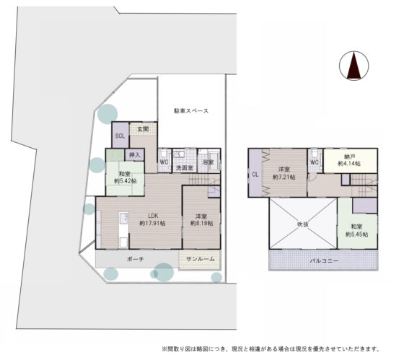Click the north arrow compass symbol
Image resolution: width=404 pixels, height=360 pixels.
[x=353, y=66]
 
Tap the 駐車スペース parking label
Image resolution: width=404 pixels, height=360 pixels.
[x=191, y=111]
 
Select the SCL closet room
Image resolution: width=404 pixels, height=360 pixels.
[x=120, y=135]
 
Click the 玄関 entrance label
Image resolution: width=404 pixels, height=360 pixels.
[x=143, y=129]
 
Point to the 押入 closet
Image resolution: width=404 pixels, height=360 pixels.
[x=134, y=155]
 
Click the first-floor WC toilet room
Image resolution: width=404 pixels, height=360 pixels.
[x=164, y=160]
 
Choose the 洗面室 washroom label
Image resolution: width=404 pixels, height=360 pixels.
[x=184, y=168]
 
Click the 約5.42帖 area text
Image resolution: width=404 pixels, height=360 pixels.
[x=126, y=181]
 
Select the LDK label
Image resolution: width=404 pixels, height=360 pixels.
[x=153, y=216]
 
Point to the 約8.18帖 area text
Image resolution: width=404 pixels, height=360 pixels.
[x=201, y=223]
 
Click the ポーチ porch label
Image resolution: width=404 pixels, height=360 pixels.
[x=136, y=259]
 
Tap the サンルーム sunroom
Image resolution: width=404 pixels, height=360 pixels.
[x=200, y=260]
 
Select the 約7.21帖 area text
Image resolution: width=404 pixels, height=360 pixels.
[x=284, y=177]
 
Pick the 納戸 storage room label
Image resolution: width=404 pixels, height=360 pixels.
[x=350, y=157]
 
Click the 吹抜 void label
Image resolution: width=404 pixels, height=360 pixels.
[x=303, y=224]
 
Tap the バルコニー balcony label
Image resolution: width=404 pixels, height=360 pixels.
[x=324, y=260]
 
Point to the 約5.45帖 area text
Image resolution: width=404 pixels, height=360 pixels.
[x=356, y=234]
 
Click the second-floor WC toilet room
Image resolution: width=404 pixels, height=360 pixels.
[x=315, y=161]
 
